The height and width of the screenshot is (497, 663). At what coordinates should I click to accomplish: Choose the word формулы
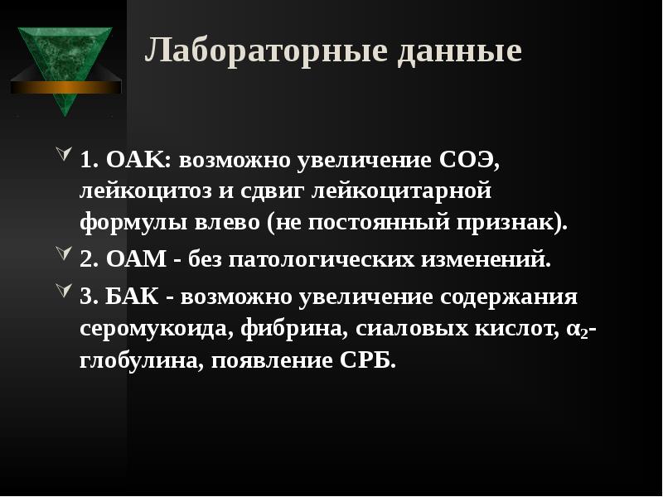click(128, 222)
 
